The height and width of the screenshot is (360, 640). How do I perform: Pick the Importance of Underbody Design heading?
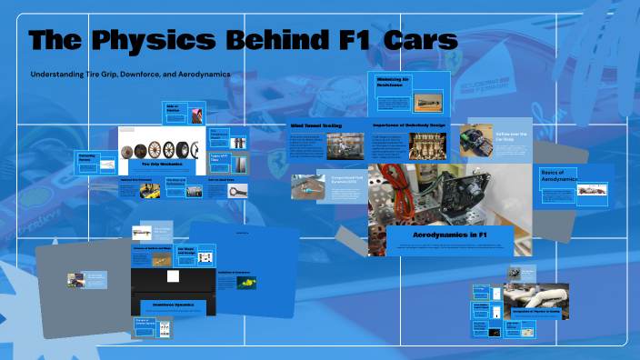click(x=408, y=125)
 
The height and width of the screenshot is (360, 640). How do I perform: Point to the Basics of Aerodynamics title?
click(x=560, y=175)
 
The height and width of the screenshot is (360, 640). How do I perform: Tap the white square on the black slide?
click(x=184, y=276)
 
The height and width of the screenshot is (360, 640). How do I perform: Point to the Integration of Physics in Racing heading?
click(x=535, y=310)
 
